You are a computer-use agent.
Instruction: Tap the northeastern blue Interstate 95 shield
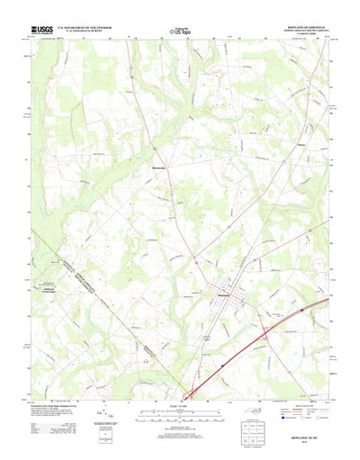[290, 316]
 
